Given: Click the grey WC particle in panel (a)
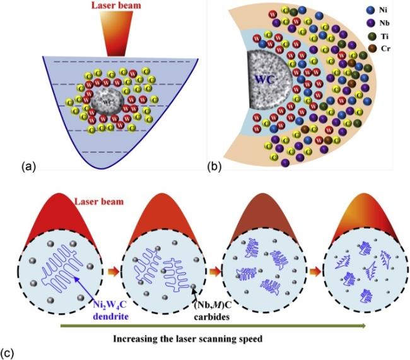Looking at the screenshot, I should click(104, 103).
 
